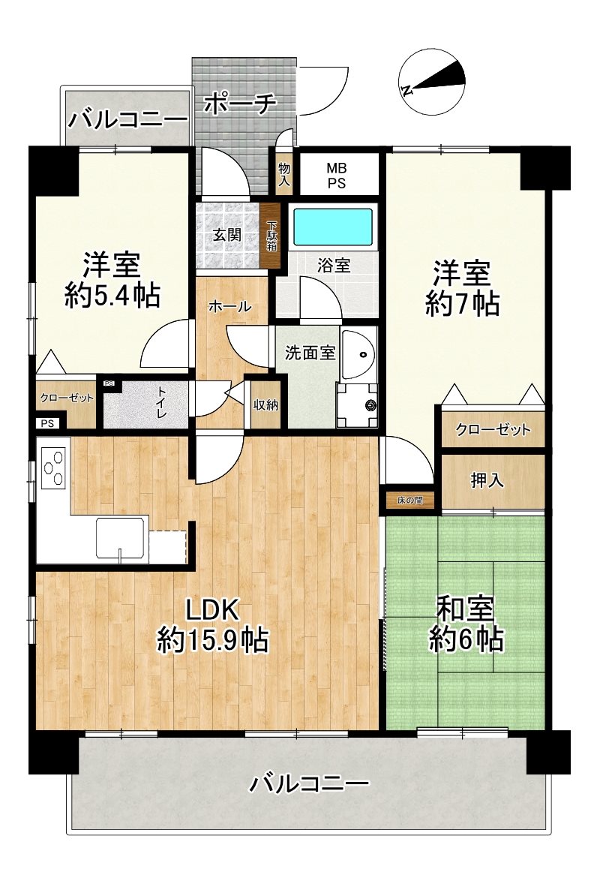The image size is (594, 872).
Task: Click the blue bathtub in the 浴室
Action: [332, 227]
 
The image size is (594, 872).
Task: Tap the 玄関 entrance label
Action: [226, 235]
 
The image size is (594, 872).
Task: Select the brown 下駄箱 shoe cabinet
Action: [271, 236]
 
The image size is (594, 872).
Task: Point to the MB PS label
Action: [336, 175]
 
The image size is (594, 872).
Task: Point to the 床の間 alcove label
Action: [410, 501]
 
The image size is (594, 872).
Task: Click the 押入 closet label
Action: [487, 481]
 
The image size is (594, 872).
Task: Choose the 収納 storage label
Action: [265, 405]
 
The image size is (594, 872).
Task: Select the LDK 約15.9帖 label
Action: [213, 625]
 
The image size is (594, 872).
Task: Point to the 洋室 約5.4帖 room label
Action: [112, 281]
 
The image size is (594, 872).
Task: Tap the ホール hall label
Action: [230, 306]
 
